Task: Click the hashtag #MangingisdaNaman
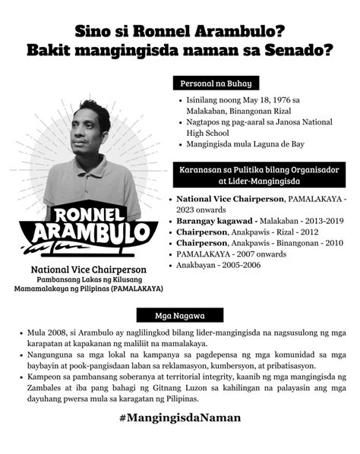click(x=180, y=418)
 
